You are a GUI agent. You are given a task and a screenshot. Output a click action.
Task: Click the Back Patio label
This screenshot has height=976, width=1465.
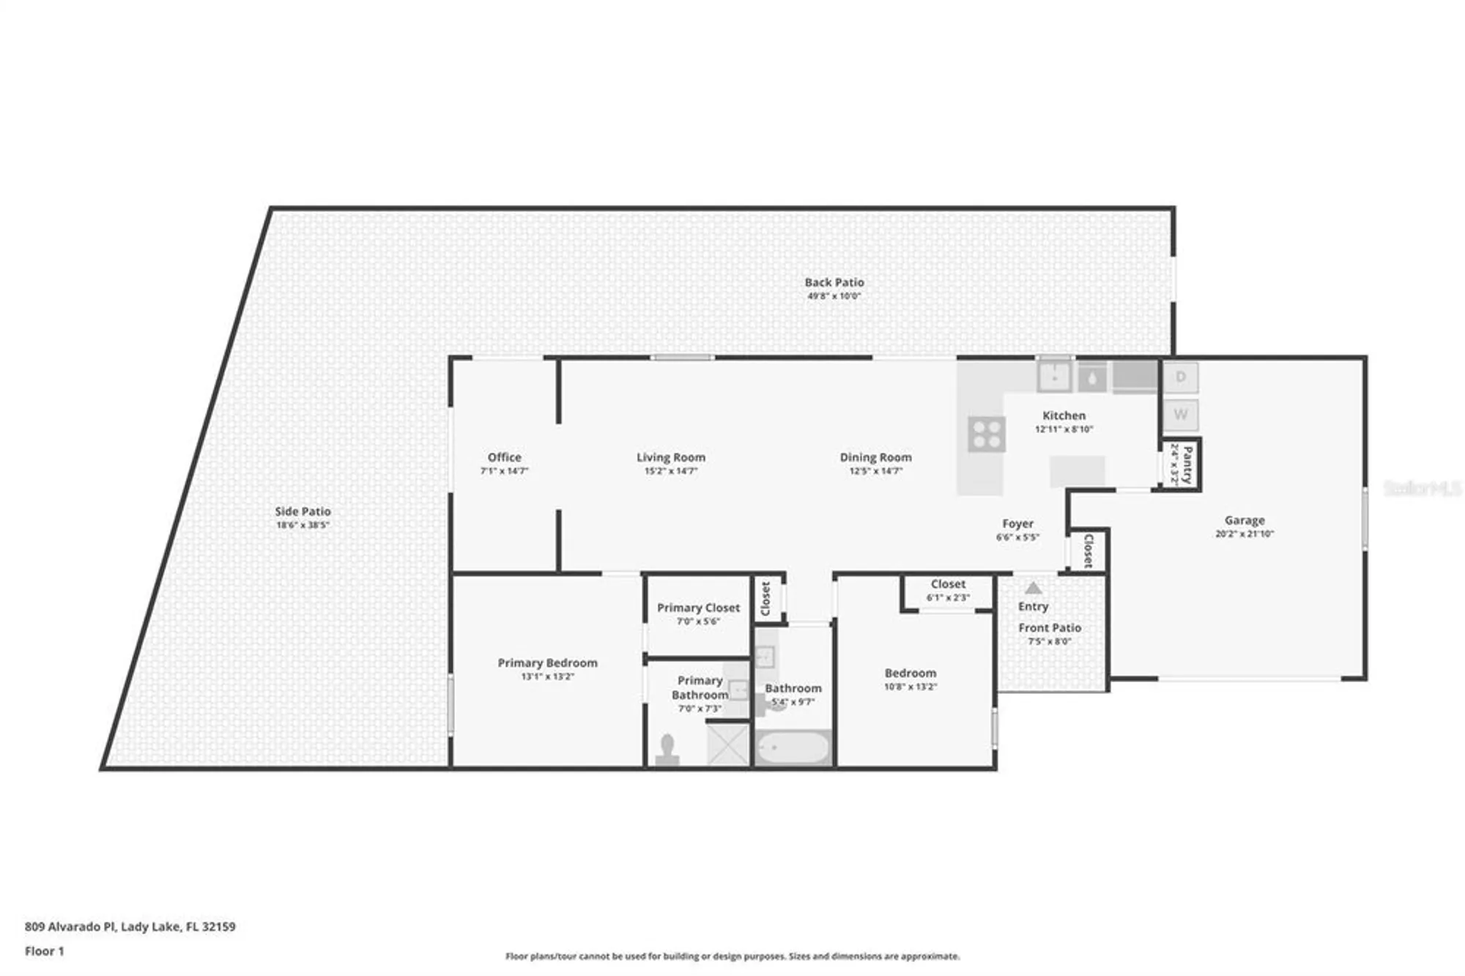(834, 282)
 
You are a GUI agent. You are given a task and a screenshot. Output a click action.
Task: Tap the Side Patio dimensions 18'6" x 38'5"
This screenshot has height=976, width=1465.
(303, 525)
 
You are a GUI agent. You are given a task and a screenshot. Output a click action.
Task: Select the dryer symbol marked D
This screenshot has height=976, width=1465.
(1180, 377)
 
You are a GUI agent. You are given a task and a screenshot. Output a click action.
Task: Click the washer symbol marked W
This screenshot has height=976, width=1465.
(1180, 415)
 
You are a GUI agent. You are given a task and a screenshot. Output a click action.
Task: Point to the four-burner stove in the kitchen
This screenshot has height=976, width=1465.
(986, 434)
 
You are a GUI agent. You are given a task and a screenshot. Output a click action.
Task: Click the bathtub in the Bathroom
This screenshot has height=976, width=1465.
(793, 749)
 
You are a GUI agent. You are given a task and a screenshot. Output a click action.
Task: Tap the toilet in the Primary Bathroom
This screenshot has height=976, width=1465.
(667, 750)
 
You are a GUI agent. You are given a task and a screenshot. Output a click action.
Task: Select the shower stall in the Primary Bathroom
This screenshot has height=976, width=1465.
(727, 744)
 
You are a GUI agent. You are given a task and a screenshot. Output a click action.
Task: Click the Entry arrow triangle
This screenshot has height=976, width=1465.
(1033, 588)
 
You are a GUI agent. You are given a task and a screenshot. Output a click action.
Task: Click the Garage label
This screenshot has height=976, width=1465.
(1244, 520)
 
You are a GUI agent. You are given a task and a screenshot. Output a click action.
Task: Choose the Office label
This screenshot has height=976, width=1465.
(504, 457)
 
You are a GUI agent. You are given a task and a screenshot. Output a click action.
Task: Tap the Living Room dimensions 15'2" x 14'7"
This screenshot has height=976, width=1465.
(670, 471)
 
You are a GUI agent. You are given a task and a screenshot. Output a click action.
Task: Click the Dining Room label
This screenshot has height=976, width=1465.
(875, 457)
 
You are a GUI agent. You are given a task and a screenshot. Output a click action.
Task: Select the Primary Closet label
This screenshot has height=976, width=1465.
(698, 607)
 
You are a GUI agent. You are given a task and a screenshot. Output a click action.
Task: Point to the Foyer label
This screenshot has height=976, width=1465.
(1017, 524)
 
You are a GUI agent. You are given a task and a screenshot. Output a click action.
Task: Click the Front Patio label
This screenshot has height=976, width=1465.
(1049, 628)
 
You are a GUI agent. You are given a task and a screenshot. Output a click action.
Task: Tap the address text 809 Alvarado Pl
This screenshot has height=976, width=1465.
(70, 926)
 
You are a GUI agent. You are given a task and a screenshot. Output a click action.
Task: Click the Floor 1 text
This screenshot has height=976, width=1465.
(45, 951)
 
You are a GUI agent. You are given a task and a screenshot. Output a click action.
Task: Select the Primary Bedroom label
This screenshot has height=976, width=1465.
(547, 662)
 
